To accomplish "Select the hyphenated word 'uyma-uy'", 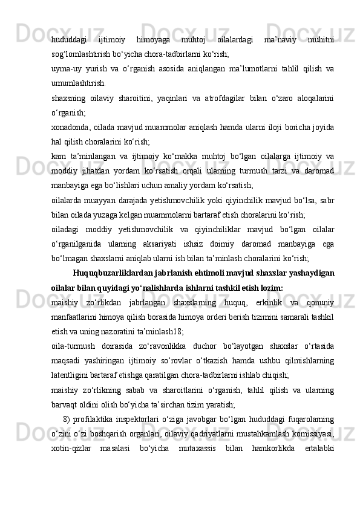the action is tap(65, 69).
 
